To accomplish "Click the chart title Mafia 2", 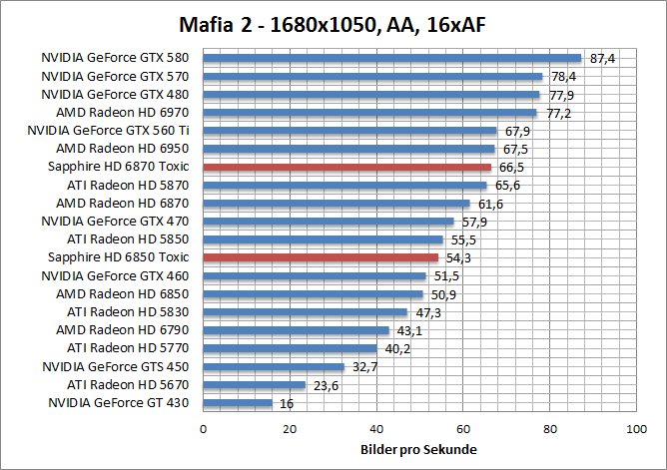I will [333, 23].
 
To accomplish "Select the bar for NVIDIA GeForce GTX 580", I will [391, 58].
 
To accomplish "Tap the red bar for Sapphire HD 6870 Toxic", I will [346, 168].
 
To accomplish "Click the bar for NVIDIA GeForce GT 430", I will [238, 403].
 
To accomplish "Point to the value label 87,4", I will [603, 59].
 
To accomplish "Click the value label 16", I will [286, 404].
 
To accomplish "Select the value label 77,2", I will [558, 114].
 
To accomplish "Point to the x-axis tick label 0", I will [204, 429].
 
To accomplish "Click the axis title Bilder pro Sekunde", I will [418, 449].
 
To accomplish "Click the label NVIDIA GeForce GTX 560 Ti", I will [108, 131].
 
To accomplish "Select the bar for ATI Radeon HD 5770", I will [290, 348].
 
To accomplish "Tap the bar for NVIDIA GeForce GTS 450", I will [274, 366].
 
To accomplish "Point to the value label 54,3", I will [459, 258].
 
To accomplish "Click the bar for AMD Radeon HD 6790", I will [297, 330].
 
